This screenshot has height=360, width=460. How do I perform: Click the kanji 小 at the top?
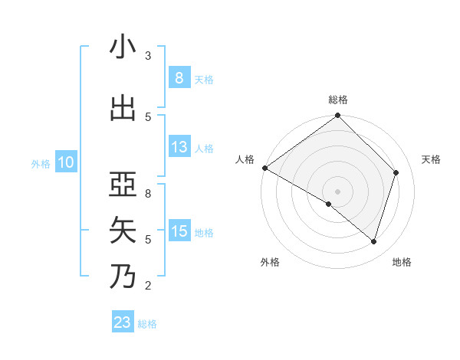(123, 47)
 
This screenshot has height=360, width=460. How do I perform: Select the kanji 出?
(123, 107)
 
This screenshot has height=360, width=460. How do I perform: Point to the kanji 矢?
(123, 230)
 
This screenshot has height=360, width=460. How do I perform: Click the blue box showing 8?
(179, 77)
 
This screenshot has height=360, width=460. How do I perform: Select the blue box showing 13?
(179, 147)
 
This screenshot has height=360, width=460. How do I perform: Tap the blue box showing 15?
(179, 231)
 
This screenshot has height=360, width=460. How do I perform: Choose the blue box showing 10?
(65, 162)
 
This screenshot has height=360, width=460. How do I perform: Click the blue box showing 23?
(123, 322)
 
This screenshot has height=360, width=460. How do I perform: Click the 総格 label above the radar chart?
(337, 100)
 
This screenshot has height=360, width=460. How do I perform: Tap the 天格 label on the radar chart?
(432, 159)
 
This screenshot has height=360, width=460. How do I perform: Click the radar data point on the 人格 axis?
(264, 168)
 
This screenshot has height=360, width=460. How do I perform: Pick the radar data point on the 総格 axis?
(337, 116)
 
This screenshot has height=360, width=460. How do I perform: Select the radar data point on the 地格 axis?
(373, 241)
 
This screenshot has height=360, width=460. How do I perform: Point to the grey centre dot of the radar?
(337, 191)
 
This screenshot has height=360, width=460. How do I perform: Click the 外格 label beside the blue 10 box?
(40, 163)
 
